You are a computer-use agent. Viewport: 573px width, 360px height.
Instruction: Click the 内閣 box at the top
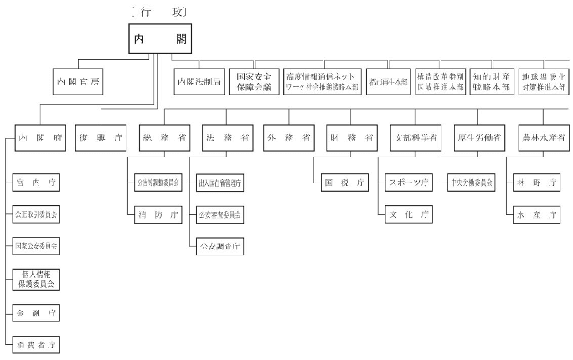[x=158, y=39]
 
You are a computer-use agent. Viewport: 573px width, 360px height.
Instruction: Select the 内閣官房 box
[x=80, y=81]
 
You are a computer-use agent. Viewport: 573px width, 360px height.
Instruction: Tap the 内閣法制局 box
[x=199, y=81]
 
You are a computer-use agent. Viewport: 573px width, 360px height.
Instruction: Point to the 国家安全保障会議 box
[x=251, y=81]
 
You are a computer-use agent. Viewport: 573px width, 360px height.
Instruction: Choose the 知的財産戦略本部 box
[x=490, y=81]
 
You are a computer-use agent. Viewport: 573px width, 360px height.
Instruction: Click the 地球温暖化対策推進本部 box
[x=542, y=81]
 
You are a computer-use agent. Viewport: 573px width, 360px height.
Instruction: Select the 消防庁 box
[x=157, y=214]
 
